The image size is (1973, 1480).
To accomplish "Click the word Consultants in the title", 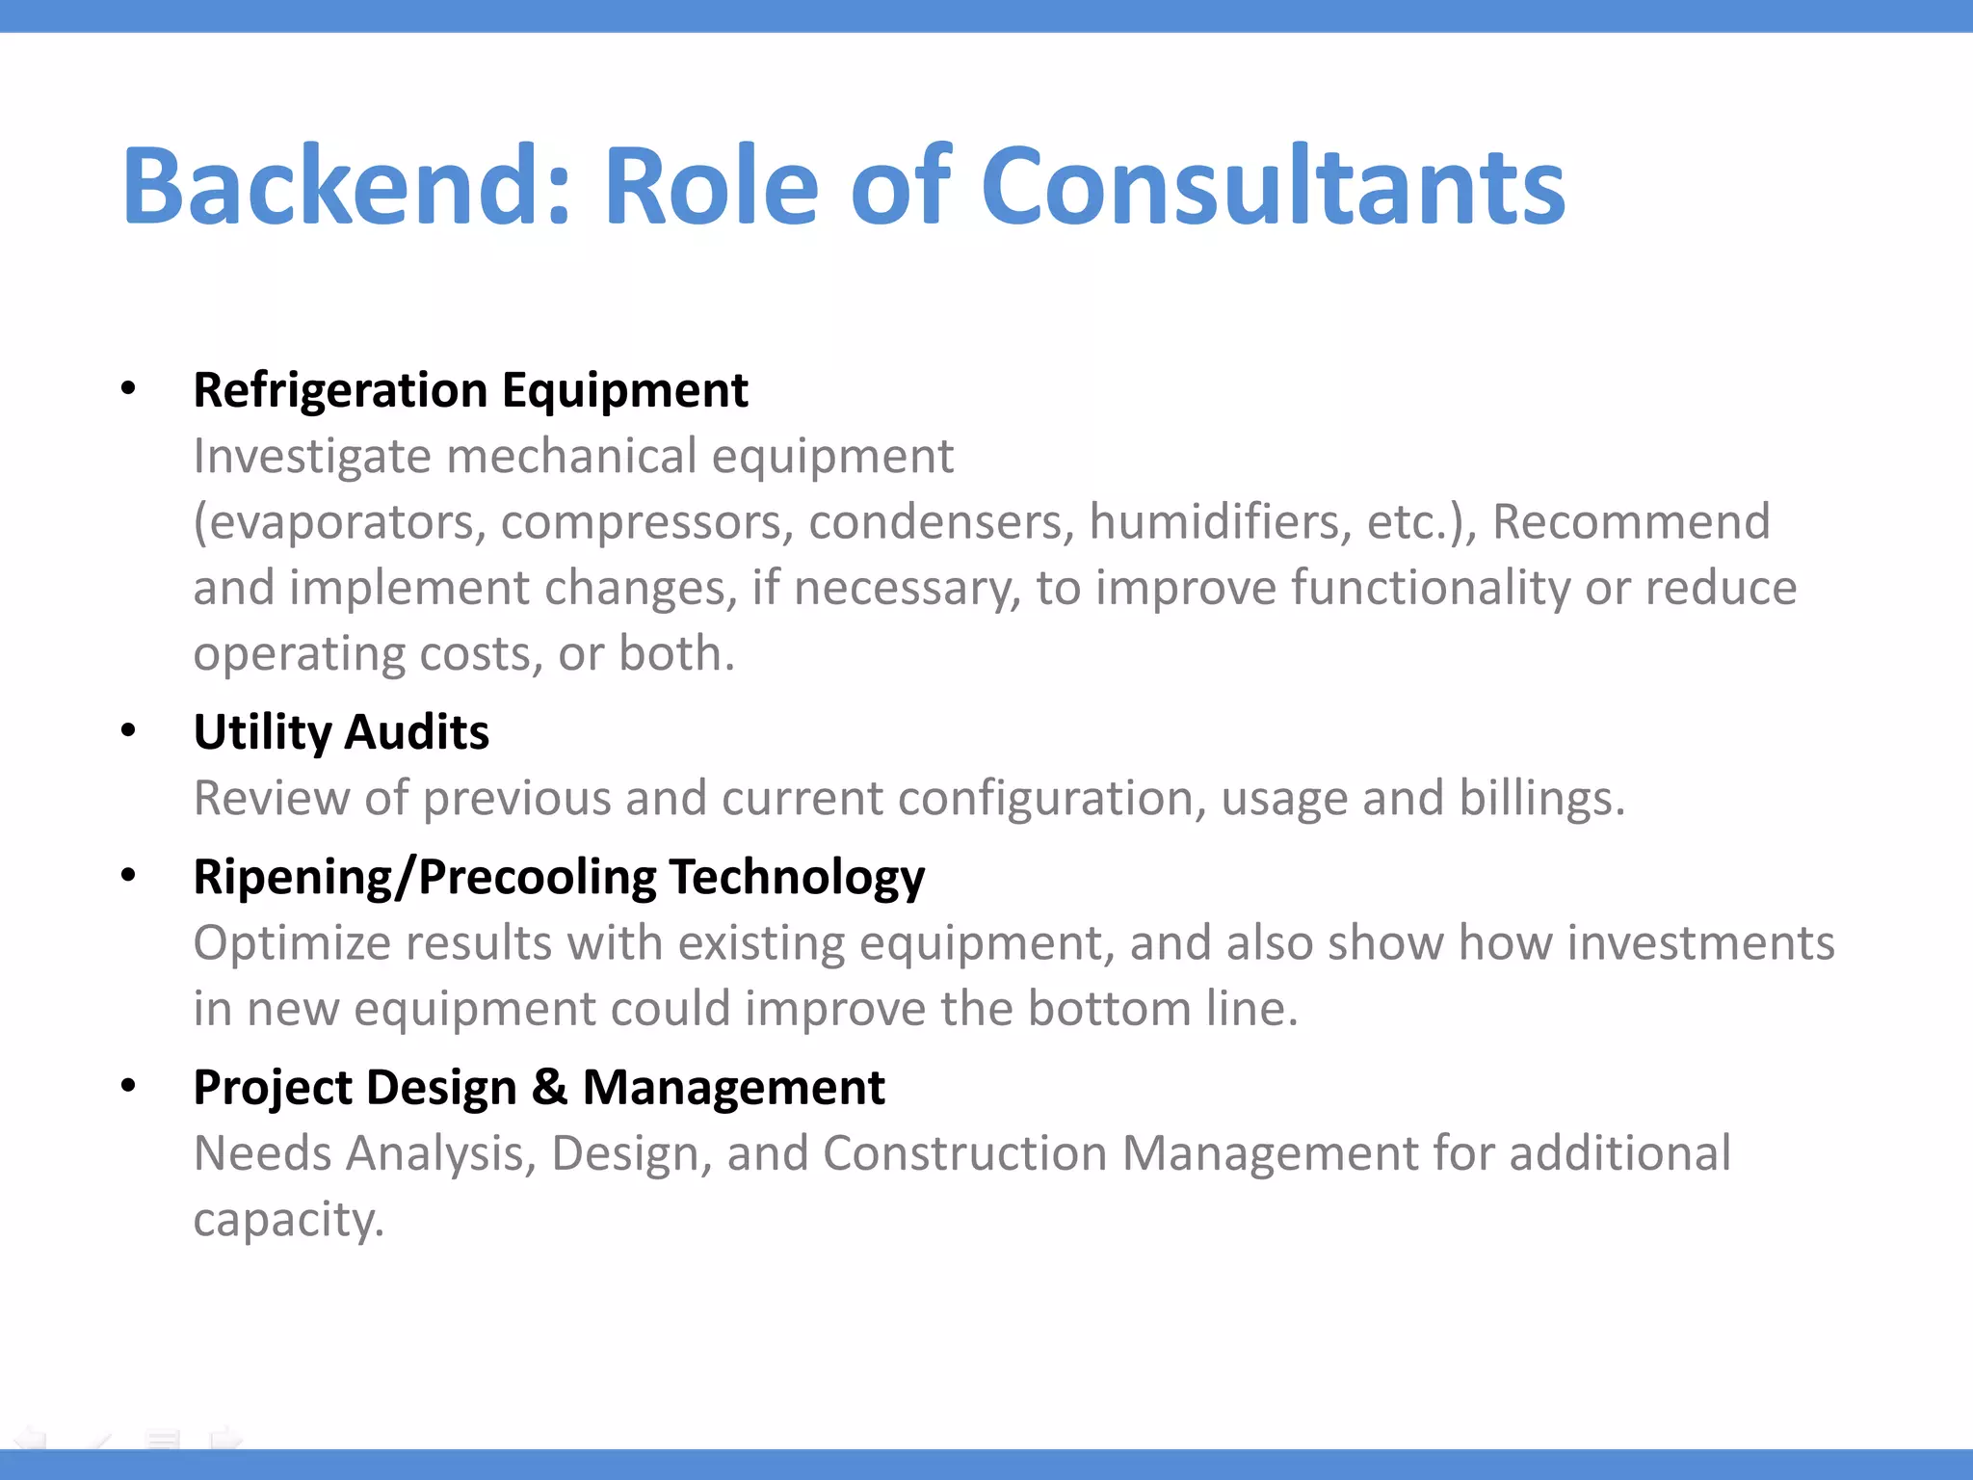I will [x=1273, y=185].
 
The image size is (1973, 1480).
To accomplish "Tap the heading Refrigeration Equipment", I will [x=470, y=390].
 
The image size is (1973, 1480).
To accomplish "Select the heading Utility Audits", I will [x=341, y=732].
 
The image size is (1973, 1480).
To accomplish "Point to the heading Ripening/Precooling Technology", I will [x=559, y=877].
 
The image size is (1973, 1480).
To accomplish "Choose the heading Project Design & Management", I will [x=539, y=1088].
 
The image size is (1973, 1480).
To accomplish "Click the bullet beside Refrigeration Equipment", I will [x=128, y=389].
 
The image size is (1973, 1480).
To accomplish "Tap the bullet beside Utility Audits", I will [x=128, y=731].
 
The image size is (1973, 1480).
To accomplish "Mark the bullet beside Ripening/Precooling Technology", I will [x=128, y=876].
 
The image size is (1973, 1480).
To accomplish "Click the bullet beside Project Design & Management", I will [x=128, y=1086].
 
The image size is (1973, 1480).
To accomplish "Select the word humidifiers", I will [x=1220, y=522].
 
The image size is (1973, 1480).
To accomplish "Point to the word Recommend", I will [x=1631, y=522].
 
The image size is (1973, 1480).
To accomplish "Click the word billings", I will [x=1541, y=799].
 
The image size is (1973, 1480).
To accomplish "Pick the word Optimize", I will [x=292, y=943].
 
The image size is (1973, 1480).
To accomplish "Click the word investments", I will [x=1700, y=943].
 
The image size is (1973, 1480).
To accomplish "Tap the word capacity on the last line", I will [x=288, y=1220].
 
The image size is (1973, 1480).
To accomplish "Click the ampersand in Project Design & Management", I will [x=549, y=1088].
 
